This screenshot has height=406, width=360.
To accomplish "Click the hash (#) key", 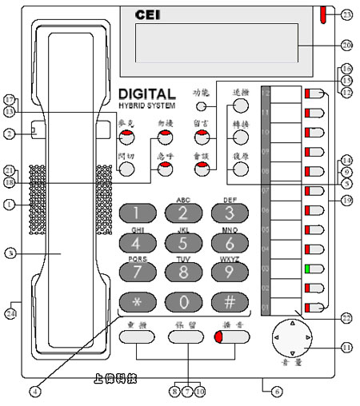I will tap(230, 303).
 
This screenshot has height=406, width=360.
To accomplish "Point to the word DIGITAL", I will tap(150, 94).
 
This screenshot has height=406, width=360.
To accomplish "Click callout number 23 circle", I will tap(346, 14).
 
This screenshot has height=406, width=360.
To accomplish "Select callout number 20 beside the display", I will tap(346, 45).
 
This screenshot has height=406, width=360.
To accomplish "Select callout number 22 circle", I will tap(346, 318).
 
